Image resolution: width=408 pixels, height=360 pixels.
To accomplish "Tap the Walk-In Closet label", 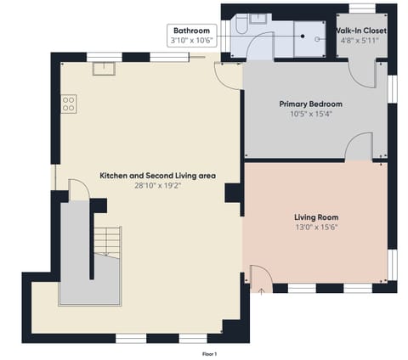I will tap(363, 31).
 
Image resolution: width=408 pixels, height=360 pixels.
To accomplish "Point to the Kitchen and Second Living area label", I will tap(158, 175).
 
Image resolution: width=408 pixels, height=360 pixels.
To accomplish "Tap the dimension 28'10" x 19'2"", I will tap(158, 185).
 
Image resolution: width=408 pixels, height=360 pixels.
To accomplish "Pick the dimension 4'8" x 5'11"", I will tap(363, 40).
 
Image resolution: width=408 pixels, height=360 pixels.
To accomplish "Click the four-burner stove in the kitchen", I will tap(69, 104).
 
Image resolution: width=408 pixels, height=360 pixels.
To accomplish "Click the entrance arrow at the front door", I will tap(261, 290).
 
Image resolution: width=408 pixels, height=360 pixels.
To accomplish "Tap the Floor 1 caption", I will tap(209, 352).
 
